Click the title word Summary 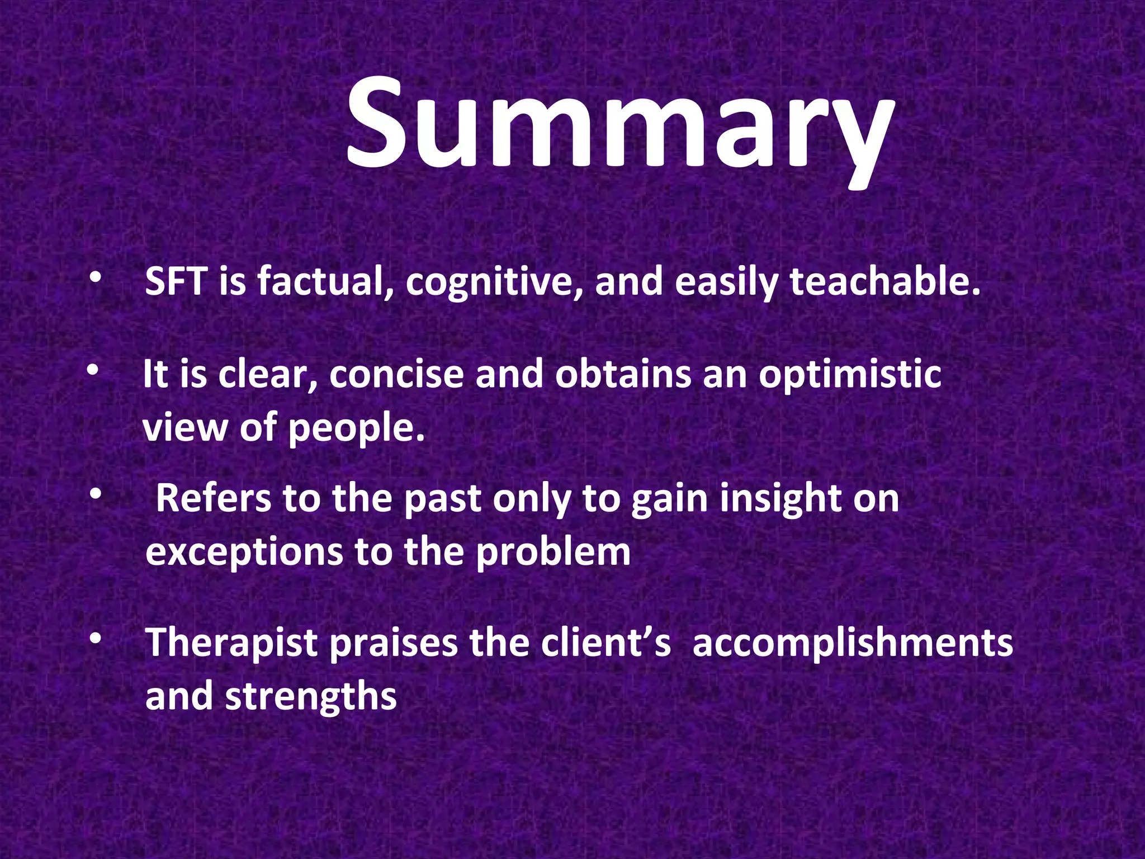618,126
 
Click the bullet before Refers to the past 96,494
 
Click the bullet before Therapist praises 96,639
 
